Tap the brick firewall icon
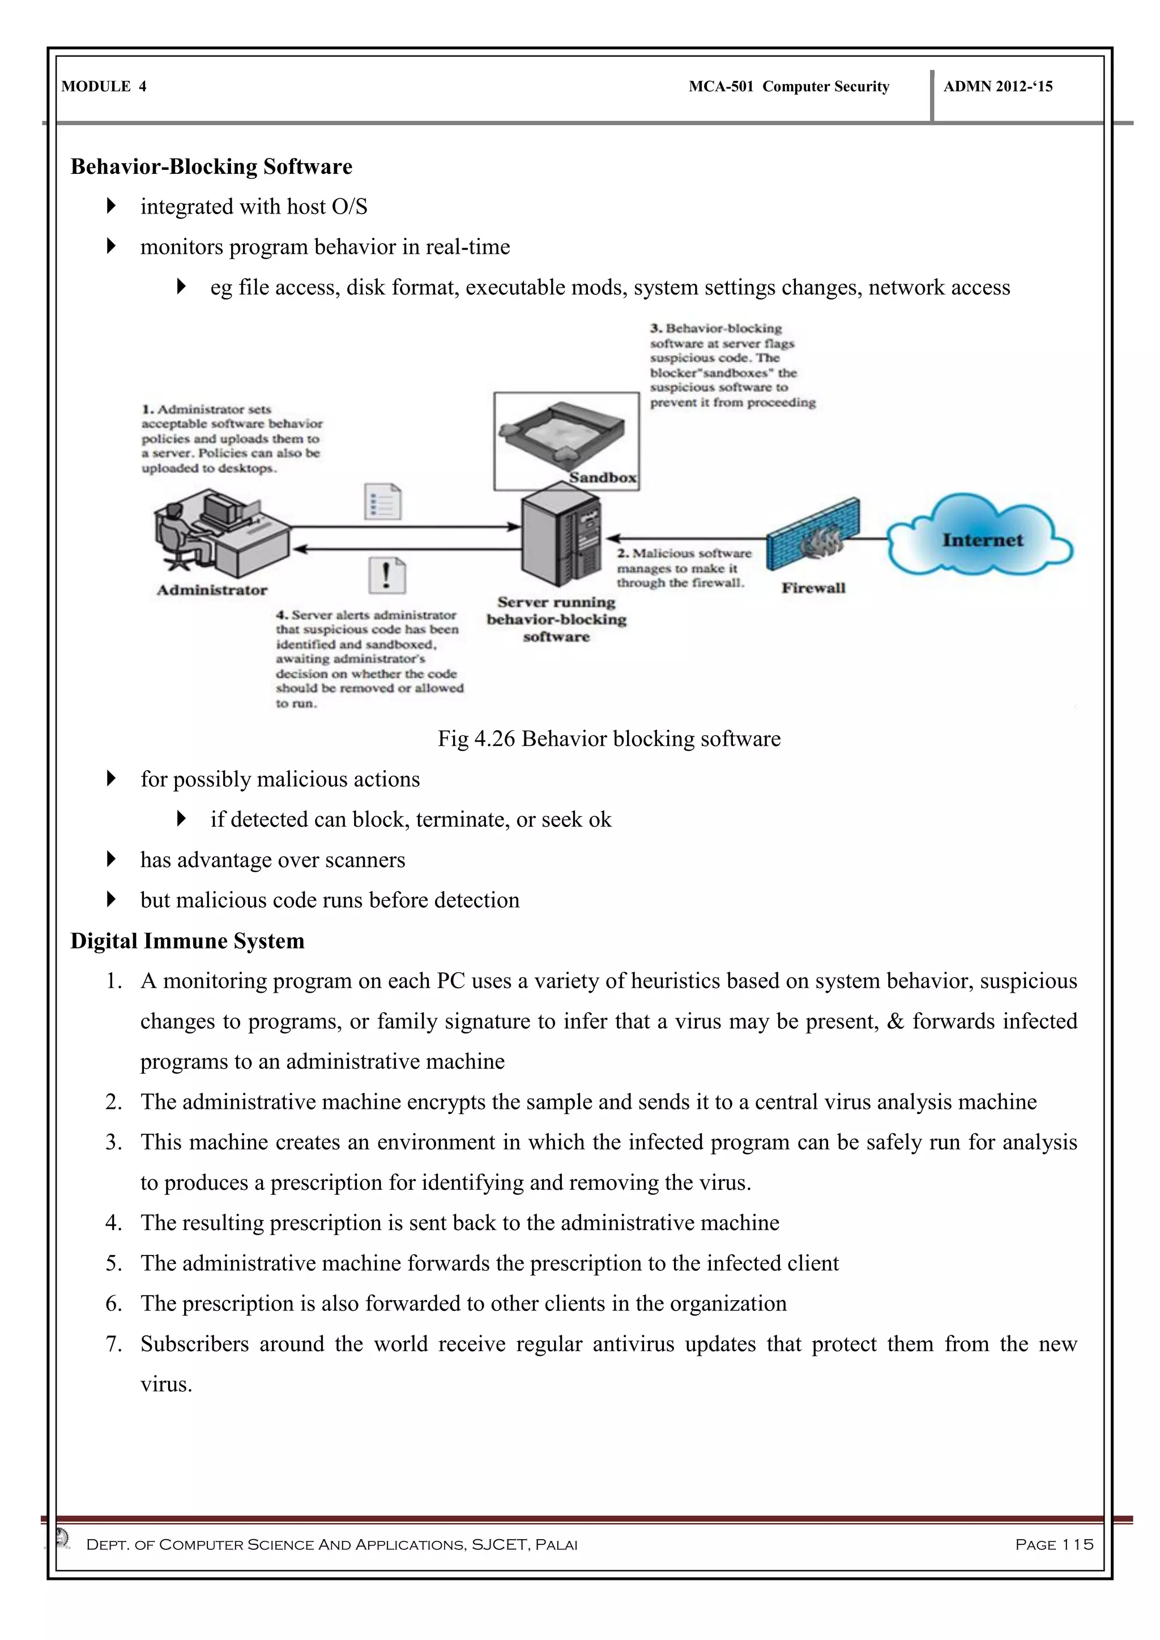[813, 536]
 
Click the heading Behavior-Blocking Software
[211, 166]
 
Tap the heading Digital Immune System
[187, 941]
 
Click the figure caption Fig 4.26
[608, 738]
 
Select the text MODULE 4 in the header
[104, 87]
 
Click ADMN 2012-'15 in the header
[998, 87]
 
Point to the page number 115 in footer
[1054, 1544]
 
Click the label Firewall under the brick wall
[813, 588]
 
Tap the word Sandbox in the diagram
[602, 478]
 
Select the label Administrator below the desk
[212, 590]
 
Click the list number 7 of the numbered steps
[114, 1344]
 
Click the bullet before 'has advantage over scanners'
[110, 859]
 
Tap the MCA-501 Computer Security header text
[788, 87]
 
